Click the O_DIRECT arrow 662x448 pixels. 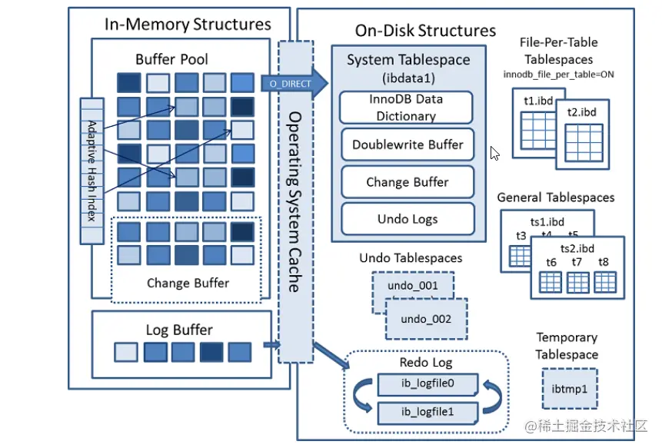click(292, 82)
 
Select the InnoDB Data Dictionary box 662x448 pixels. click(406, 108)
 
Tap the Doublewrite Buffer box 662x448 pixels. click(407, 144)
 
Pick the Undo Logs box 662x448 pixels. click(407, 219)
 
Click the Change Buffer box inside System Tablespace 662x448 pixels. click(407, 182)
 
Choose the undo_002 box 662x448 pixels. click(425, 319)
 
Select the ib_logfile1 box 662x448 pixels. click(427, 412)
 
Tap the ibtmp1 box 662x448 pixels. click(569, 389)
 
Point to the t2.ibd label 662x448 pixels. click(582, 112)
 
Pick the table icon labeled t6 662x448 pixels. click(551, 282)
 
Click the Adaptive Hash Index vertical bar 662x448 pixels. click(91, 171)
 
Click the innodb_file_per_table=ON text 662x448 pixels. click(558, 75)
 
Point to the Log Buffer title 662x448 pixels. click(179, 330)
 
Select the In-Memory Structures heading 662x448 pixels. click(188, 25)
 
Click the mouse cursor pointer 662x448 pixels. click(495, 154)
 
